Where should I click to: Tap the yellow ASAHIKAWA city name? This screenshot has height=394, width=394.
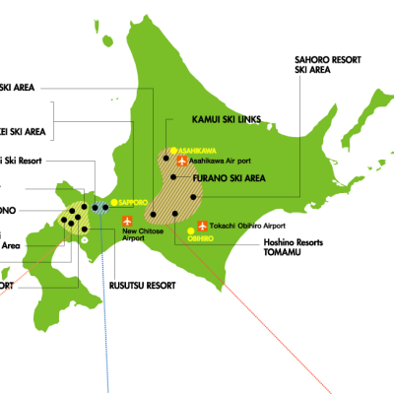[197, 151]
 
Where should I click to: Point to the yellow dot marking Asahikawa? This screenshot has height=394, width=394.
[173, 151]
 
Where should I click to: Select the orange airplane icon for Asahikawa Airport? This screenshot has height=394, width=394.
[182, 161]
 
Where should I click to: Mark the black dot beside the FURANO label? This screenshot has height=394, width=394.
[173, 177]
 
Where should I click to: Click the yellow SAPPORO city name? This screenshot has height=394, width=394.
[133, 202]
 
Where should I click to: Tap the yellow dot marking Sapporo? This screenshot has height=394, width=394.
[114, 202]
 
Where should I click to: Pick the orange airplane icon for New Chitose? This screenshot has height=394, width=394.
[127, 221]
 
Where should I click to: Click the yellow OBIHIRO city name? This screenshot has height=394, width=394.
[201, 237]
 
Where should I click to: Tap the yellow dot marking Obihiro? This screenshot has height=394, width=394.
[190, 231]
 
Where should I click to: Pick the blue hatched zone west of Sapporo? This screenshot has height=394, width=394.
[100, 208]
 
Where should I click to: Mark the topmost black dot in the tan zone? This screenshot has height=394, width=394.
[165, 159]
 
